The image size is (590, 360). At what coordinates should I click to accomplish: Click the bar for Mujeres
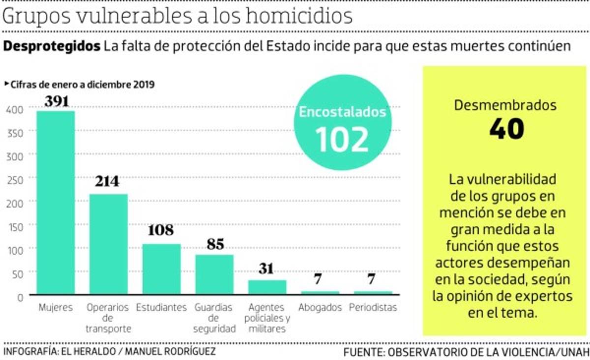(x=56, y=203)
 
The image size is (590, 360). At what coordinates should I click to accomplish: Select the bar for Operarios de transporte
(x=108, y=244)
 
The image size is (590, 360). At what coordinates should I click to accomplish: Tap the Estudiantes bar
(x=161, y=269)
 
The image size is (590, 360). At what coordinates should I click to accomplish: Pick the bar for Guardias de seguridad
(x=214, y=274)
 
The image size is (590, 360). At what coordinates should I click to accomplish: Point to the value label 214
(x=107, y=181)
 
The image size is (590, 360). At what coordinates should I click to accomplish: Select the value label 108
(x=161, y=230)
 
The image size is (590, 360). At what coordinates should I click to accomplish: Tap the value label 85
(x=215, y=244)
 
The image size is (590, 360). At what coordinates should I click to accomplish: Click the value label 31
(x=267, y=269)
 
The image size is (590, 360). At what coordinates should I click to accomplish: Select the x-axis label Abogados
(x=320, y=308)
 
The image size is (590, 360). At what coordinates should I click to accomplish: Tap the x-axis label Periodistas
(x=373, y=308)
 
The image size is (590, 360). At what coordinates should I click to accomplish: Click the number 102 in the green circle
(x=342, y=139)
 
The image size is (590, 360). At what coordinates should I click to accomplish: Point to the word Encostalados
(x=343, y=112)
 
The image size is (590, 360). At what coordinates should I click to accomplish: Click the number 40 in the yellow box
(x=506, y=129)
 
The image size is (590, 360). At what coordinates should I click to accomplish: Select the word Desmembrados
(x=505, y=105)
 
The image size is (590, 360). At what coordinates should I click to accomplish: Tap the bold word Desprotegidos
(x=52, y=47)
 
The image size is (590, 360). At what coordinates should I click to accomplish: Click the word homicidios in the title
(x=299, y=16)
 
